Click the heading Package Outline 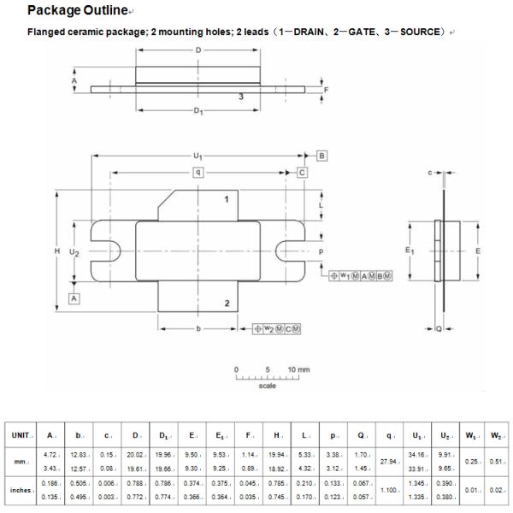pos(77,10)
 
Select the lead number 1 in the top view pos(226,199)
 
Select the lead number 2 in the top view pos(226,304)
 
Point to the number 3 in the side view pos(241,97)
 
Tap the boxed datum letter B pos(322,156)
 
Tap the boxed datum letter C pos(302,173)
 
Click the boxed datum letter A pos(74,298)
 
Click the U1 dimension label pos(198,156)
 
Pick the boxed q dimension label pos(198,173)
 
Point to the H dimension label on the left pos(56,251)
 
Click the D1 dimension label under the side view pos(198,112)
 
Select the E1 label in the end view pos(410,251)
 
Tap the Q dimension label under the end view pos(439,328)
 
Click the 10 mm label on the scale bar pos(298,369)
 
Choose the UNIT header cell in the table pos(21,435)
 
